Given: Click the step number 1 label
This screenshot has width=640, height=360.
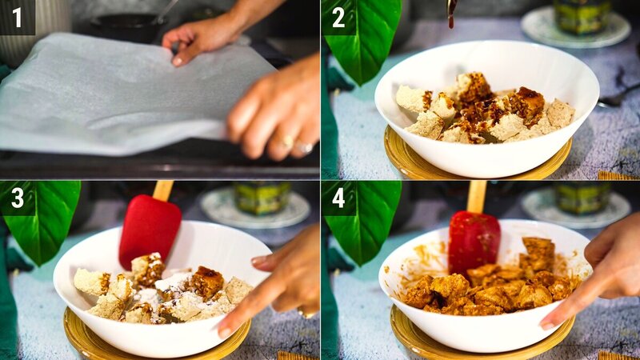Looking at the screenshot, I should click(17, 17).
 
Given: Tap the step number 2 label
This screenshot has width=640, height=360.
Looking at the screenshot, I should click(338, 17).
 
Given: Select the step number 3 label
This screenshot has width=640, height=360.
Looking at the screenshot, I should click(17, 198).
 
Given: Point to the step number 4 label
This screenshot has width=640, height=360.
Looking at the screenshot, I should click(338, 198).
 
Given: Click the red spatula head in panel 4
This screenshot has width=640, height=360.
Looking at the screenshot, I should click(474, 240).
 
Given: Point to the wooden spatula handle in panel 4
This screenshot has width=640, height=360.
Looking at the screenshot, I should click(477, 195).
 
